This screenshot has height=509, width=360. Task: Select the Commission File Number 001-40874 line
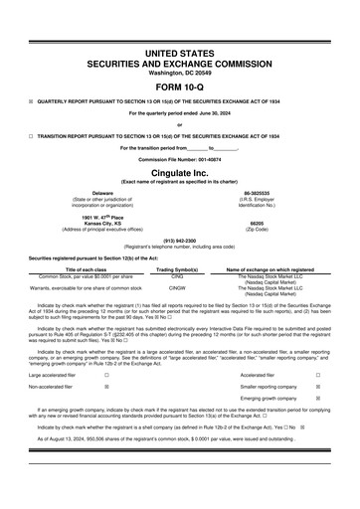180,158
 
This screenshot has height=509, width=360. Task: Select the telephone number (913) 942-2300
179,240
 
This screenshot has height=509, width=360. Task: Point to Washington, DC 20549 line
180,71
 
